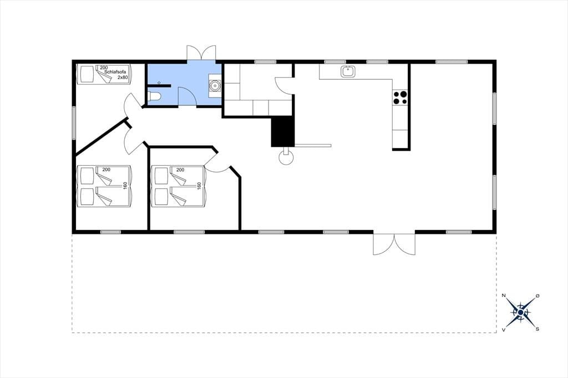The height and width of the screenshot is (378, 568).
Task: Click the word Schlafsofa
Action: point(115,72)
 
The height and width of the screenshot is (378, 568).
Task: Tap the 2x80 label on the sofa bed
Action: point(123,78)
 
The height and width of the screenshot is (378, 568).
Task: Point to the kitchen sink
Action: point(348,71)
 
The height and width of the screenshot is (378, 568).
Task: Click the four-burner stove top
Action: point(400,97)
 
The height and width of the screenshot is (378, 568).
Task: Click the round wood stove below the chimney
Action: point(286,157)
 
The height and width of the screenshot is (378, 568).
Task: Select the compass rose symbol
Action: point(520,312)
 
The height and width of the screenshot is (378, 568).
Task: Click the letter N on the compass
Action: point(504,295)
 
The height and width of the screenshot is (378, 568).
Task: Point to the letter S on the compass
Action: point(537,329)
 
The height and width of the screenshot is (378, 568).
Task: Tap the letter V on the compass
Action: point(504,329)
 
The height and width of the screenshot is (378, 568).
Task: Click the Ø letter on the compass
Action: point(537,296)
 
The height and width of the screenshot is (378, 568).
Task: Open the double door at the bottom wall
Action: point(394,244)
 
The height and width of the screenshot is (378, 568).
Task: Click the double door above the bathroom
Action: point(201,53)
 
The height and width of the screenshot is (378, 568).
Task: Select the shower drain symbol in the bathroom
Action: point(159,83)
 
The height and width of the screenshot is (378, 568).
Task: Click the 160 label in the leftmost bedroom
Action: point(125,185)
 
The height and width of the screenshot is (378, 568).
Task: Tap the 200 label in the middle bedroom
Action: point(180,170)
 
